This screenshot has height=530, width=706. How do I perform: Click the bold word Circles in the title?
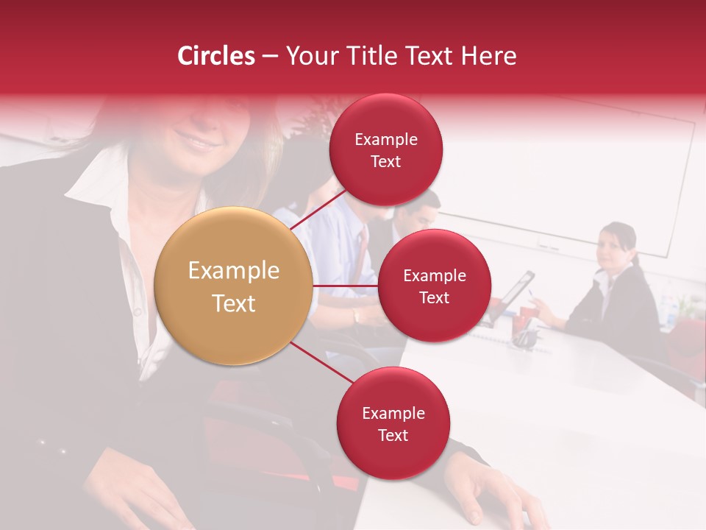216,56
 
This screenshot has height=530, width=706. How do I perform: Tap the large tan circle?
233,286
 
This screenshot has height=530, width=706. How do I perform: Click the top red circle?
386,150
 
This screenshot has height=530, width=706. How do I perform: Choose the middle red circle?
434,286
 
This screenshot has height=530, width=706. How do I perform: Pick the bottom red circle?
393,423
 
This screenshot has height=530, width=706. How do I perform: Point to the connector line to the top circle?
318,209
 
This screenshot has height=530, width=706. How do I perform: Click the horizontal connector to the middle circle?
345,286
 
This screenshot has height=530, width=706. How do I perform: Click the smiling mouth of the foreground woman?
194,140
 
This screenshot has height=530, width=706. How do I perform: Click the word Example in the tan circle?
233,271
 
